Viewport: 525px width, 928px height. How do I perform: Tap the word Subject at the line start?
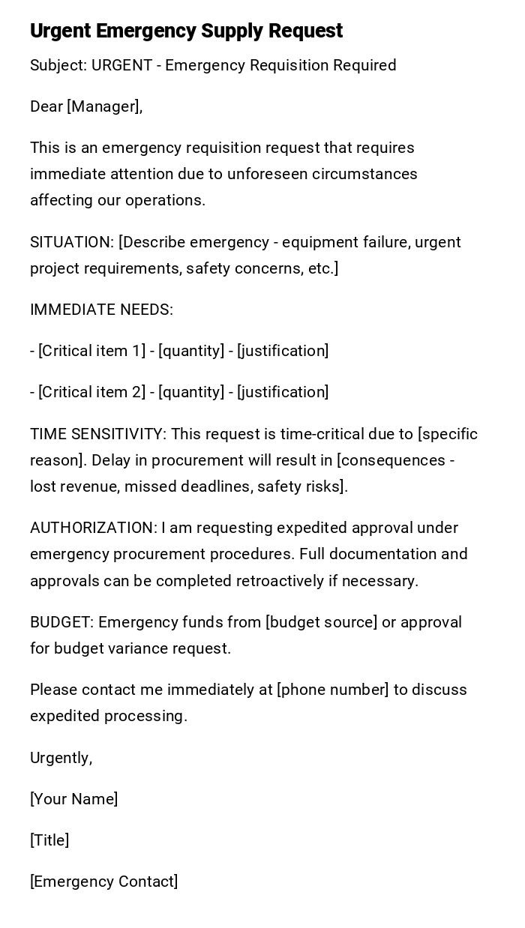pyautogui.click(x=57, y=66)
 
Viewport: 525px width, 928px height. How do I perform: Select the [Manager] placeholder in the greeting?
pyautogui.click(x=104, y=107)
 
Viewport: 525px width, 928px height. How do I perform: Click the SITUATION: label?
pyautogui.click(x=72, y=242)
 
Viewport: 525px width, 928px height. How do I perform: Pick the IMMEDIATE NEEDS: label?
pyautogui.click(x=101, y=310)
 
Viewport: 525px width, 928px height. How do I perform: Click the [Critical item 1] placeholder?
pyautogui.click(x=91, y=351)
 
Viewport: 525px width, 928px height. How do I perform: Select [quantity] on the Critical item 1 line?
pyautogui.click(x=191, y=351)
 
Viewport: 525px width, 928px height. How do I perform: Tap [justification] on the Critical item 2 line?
pyautogui.click(x=283, y=392)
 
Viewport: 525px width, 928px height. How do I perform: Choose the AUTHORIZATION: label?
pyautogui.click(x=94, y=528)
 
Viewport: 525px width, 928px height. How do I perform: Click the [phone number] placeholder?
pyautogui.click(x=333, y=690)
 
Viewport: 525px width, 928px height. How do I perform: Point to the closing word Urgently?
pyautogui.click(x=60, y=758)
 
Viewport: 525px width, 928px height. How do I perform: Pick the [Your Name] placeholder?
pyautogui.click(x=74, y=799)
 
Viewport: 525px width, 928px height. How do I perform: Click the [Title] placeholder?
pyautogui.click(x=49, y=840)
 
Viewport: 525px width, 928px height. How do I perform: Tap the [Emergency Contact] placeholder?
pyautogui.click(x=104, y=882)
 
